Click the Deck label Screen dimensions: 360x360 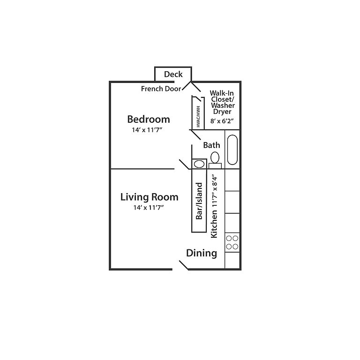click(x=173, y=75)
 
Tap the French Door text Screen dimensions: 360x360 click(x=161, y=89)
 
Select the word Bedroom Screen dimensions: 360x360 click(x=149, y=119)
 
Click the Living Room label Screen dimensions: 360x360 click(x=149, y=197)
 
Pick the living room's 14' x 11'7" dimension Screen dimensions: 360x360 click(x=149, y=207)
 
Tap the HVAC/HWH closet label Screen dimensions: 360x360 click(x=198, y=116)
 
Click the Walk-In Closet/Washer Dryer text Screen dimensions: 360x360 click(x=222, y=102)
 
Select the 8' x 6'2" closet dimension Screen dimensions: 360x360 click(x=222, y=120)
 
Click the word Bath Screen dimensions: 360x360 click(x=211, y=145)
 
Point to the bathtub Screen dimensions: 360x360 click(x=232, y=150)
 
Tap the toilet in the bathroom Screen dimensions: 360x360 click(x=215, y=158)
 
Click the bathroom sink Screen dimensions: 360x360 click(x=199, y=164)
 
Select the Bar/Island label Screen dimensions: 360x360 click(x=199, y=201)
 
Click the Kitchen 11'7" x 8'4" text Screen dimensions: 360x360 click(x=215, y=206)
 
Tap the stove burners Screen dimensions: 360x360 click(x=232, y=242)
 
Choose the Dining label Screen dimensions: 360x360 click(x=202, y=254)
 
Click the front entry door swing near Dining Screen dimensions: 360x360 click(x=184, y=265)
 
